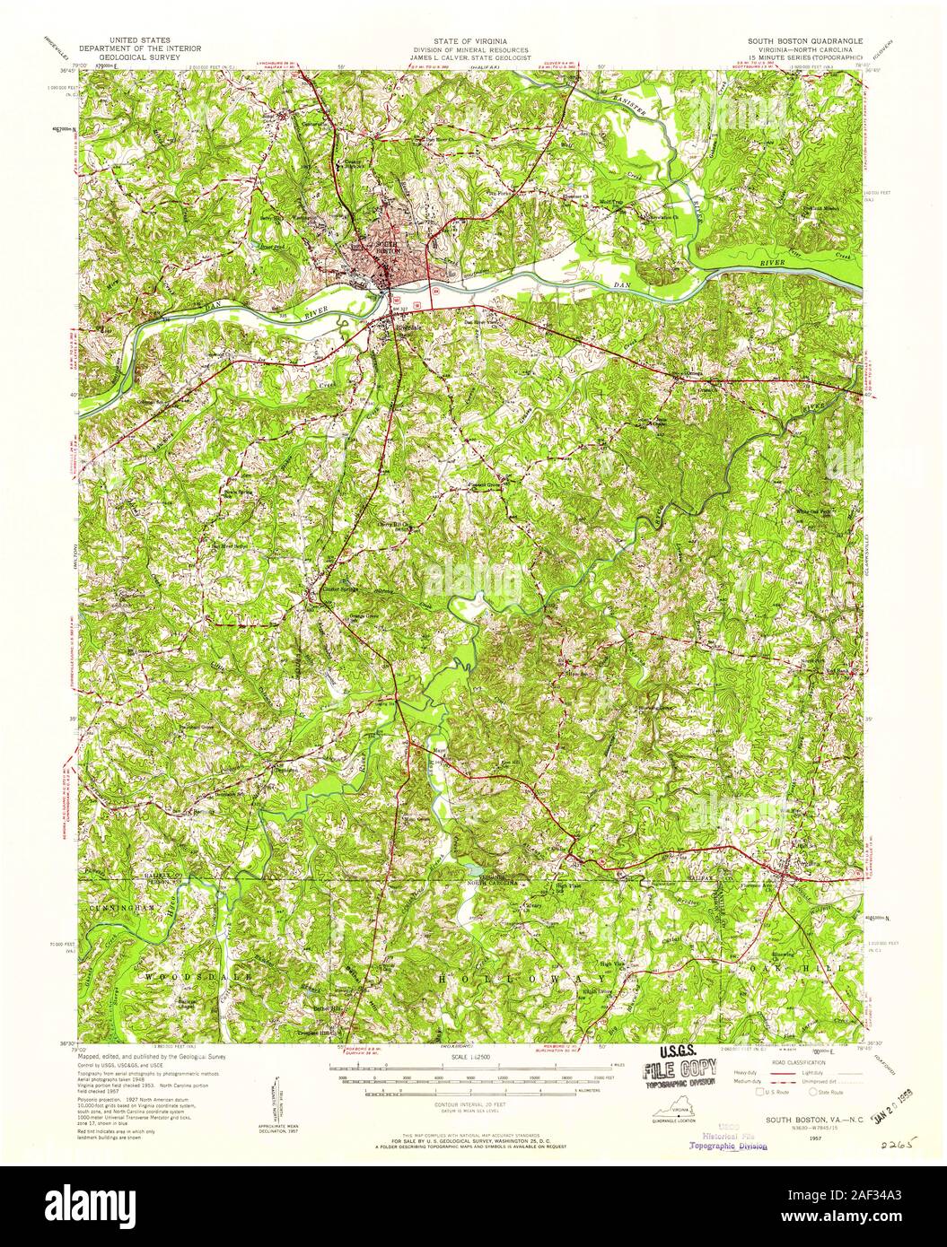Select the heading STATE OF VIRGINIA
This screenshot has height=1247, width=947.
tap(472, 42)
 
